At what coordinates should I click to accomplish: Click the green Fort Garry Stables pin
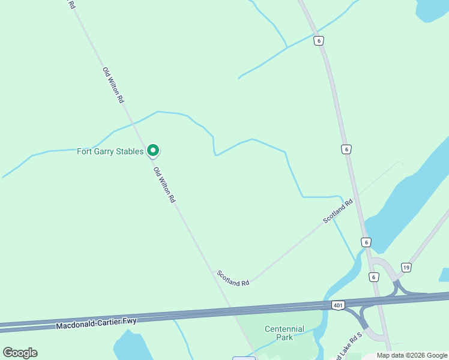pyautogui.click(x=153, y=150)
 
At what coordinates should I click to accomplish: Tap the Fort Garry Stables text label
pyautogui.click(x=110, y=151)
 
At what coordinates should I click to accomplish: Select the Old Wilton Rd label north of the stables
pyautogui.click(x=113, y=85)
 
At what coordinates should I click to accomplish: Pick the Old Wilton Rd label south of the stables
pyautogui.click(x=164, y=185)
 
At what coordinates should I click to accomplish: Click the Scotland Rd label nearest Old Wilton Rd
pyautogui.click(x=233, y=278)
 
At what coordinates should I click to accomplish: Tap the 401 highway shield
pyautogui.click(x=338, y=305)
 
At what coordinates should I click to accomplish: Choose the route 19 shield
pyautogui.click(x=406, y=268)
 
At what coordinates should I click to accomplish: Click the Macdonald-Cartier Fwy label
pyautogui.click(x=96, y=324)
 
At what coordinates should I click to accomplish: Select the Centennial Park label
pyautogui.click(x=285, y=333)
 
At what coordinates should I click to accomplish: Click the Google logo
pyautogui.click(x=20, y=353)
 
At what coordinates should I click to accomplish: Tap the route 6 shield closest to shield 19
pyautogui.click(x=374, y=277)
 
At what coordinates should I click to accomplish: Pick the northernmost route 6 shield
pyautogui.click(x=318, y=41)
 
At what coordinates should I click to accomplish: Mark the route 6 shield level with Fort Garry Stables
pyautogui.click(x=346, y=149)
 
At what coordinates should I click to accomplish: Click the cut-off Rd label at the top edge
pyautogui.click(x=71, y=4)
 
